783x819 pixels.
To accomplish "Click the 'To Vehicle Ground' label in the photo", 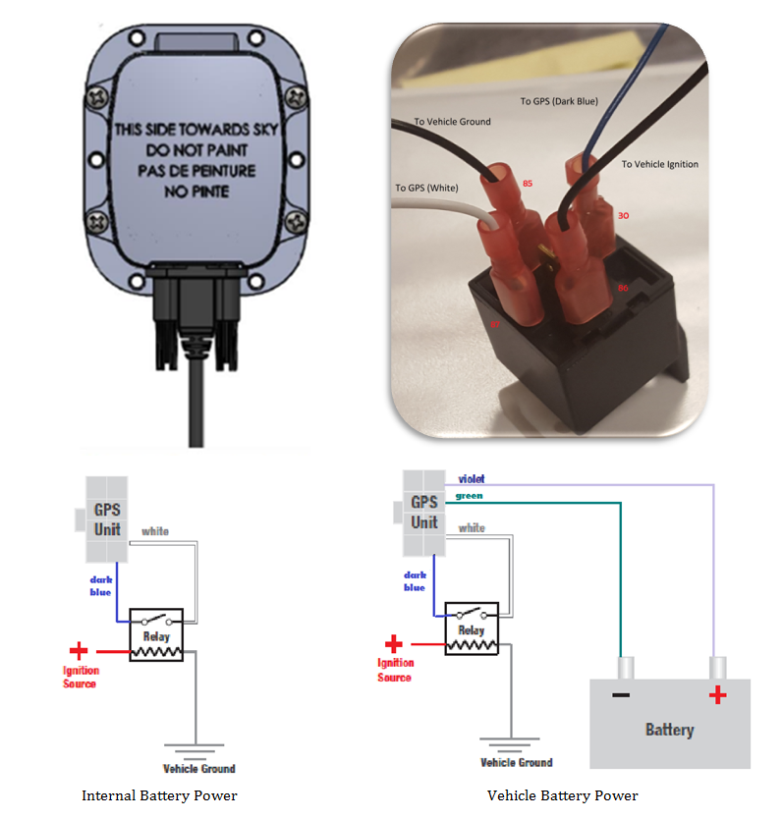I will click(x=452, y=122).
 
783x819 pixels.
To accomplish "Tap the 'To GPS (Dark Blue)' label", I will click(x=558, y=100).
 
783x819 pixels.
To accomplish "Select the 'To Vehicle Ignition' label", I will click(x=659, y=164).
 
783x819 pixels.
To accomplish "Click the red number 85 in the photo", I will click(x=528, y=183).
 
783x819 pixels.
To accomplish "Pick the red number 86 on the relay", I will click(x=622, y=287).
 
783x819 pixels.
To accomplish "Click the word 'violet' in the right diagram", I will click(x=471, y=479).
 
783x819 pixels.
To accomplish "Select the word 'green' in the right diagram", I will click(x=469, y=496).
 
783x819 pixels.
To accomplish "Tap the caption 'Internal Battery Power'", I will click(x=159, y=795).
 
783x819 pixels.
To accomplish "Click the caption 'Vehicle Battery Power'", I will click(x=562, y=795).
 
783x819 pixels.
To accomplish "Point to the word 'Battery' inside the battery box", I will click(x=669, y=730).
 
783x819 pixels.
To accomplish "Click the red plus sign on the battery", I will click(x=718, y=695).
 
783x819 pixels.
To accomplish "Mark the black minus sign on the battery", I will click(x=621, y=695).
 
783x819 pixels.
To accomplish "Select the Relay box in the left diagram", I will click(x=156, y=635).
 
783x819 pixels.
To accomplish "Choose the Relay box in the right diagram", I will click(x=472, y=628).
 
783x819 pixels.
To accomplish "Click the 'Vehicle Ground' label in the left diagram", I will click(x=198, y=768).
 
